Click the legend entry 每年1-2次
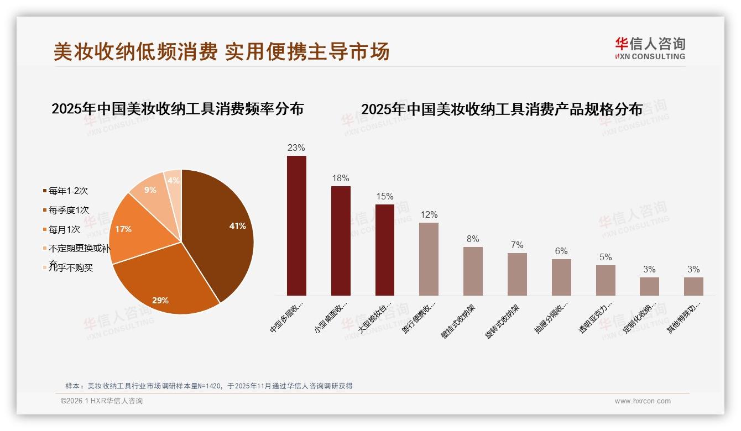pos(68,191)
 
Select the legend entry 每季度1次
pos(69,211)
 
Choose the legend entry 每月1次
pos(64,229)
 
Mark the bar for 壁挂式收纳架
pos(473,271)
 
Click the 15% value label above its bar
pos(384,197)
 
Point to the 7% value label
pos(517,245)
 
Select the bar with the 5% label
pos(606,280)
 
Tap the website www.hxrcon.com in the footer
pos(643,401)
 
